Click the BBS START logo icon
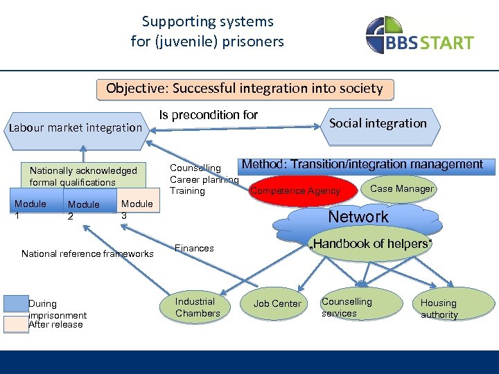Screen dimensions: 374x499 (384, 34)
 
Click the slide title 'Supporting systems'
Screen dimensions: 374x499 (207, 21)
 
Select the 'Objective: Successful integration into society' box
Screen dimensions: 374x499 (244, 89)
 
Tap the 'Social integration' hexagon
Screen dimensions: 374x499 (377, 124)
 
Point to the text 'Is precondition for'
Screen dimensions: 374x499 (208, 115)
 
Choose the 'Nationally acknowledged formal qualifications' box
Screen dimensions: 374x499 (83, 177)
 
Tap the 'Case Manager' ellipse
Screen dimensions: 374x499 (402, 188)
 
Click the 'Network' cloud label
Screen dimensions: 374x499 (358, 217)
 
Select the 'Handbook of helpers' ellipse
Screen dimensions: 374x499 (371, 244)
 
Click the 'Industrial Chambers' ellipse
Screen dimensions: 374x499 (198, 308)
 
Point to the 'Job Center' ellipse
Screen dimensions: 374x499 (277, 303)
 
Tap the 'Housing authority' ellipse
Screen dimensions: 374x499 (439, 308)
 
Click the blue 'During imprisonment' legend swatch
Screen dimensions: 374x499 (16, 303)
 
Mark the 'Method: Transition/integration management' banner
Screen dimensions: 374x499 (362, 165)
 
